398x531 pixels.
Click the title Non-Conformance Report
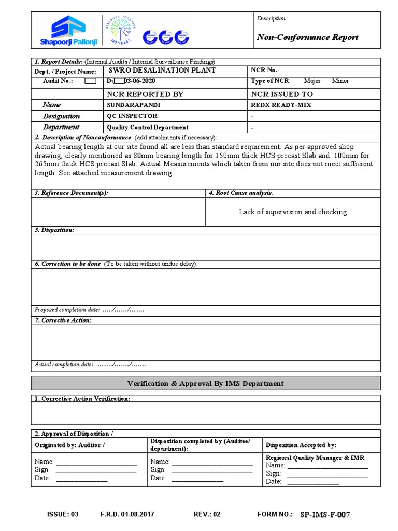[307, 37]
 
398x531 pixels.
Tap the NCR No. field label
[264, 71]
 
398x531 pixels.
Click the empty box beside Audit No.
[90, 81]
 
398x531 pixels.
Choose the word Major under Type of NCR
[312, 81]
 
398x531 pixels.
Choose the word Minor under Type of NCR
[340, 81]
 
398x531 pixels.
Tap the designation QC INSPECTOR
[132, 116]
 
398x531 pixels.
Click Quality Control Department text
[148, 128]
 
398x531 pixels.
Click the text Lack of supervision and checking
[293, 212]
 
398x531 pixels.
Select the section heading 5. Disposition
[54, 230]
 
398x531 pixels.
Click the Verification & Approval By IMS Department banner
[206, 383]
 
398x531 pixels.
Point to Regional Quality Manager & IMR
[315, 458]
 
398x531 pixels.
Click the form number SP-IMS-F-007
[325, 515]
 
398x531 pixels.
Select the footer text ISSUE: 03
[62, 515]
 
